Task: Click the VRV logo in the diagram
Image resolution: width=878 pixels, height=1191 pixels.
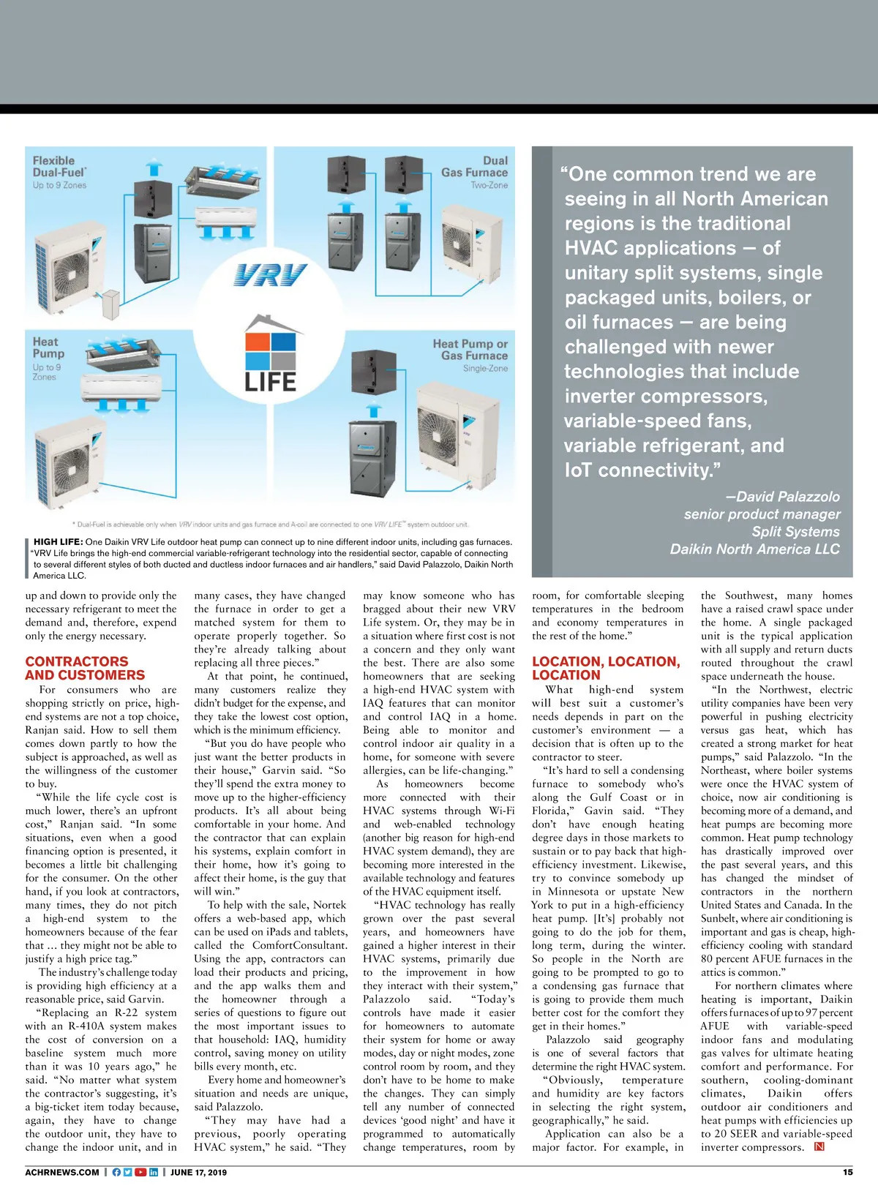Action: click(x=270, y=276)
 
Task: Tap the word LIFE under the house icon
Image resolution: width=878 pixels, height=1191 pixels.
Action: click(x=270, y=382)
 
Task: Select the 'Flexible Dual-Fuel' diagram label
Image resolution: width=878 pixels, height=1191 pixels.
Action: click(x=59, y=167)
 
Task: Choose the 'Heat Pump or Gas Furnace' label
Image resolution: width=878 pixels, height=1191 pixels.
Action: click(x=470, y=350)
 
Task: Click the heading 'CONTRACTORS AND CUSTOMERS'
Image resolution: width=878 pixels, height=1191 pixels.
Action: click(x=85, y=668)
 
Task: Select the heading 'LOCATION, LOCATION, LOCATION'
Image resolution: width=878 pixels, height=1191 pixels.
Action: click(x=606, y=668)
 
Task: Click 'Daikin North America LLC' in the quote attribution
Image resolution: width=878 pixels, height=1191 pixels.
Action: click(x=754, y=549)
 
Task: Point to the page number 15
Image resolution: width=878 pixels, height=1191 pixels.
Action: click(x=847, y=1172)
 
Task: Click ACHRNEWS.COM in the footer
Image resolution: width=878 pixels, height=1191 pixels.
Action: click(x=62, y=1172)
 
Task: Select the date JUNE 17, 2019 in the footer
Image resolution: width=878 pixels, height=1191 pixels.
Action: click(x=198, y=1172)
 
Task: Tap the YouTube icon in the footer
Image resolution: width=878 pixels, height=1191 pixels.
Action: click(x=140, y=1172)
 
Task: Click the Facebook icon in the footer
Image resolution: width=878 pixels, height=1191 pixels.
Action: click(x=116, y=1172)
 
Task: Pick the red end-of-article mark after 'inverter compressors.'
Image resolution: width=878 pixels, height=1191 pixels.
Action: click(x=819, y=1146)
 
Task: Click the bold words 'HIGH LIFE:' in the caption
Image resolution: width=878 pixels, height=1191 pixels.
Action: click(x=58, y=542)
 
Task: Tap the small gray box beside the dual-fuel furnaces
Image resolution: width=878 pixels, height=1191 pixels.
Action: click(x=110, y=302)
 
